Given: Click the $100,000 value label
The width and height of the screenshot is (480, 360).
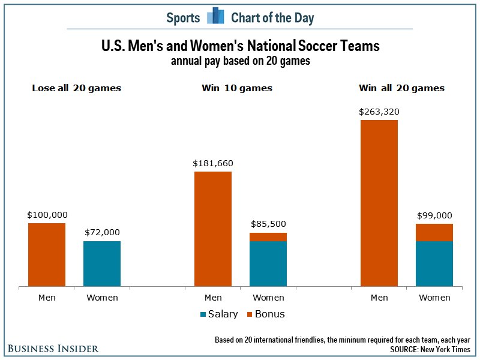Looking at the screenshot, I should [47, 214].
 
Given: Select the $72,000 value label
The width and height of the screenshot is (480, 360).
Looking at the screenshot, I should [102, 232].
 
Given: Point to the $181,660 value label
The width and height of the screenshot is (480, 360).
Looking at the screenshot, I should [213, 163].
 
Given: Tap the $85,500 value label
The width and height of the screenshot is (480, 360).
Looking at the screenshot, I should [268, 224].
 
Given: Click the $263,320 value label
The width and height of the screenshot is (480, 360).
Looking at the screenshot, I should [379, 111].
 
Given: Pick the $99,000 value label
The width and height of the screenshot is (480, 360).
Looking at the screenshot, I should [434, 215].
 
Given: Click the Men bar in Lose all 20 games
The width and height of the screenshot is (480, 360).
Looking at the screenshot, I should [47, 255].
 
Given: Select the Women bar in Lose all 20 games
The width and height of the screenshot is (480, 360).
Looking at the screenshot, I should [102, 264].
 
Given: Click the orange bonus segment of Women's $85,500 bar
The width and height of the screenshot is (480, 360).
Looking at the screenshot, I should [268, 237].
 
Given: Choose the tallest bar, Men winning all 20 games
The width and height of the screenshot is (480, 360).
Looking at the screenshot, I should [379, 203].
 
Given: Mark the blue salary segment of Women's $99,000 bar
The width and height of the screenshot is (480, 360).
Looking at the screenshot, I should [434, 264].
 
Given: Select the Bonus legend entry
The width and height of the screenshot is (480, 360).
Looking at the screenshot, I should [265, 314].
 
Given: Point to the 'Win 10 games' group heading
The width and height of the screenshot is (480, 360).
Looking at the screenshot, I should [237, 88].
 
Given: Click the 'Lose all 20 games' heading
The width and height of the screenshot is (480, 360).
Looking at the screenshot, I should [76, 88].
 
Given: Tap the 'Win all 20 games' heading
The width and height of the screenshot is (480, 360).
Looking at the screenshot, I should [401, 88].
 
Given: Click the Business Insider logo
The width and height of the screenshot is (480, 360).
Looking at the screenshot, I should [53, 349].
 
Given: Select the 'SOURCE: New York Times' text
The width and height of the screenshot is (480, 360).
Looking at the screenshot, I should [431, 349].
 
